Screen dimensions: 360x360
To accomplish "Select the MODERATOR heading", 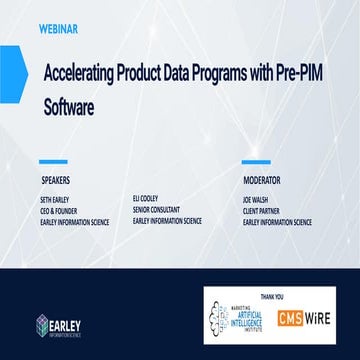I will click(x=262, y=181).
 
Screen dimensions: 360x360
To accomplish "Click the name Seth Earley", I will click(x=51, y=201).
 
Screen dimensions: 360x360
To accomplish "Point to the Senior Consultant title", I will click(x=155, y=211).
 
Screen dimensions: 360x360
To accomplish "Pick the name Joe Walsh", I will click(x=256, y=201).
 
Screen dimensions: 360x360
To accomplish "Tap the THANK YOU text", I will click(x=287, y=296).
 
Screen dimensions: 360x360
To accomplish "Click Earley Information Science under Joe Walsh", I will click(x=277, y=221).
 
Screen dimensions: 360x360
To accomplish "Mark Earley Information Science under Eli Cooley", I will click(x=167, y=221).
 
